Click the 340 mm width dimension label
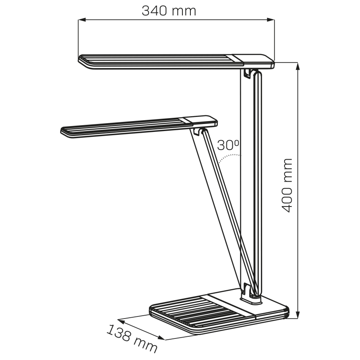pos(169,10)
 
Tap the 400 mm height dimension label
pos(287,185)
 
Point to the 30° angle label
pos(229,145)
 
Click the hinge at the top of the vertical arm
pos(248,73)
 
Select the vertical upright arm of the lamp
pos(258,182)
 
